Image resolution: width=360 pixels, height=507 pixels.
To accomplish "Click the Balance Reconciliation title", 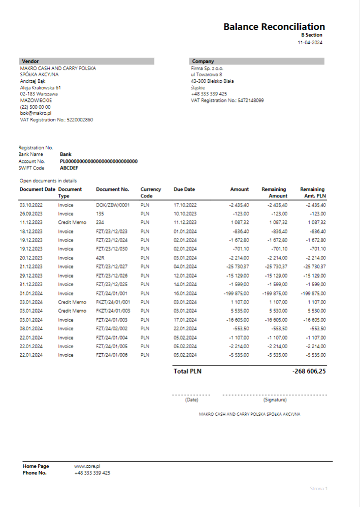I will (x=274, y=27).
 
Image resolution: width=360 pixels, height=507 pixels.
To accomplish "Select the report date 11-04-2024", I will (x=310, y=43).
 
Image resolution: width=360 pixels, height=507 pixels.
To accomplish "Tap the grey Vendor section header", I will (x=86, y=61).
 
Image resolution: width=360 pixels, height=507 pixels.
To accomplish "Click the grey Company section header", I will (x=257, y=61).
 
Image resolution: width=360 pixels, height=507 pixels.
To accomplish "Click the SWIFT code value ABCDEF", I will (x=69, y=168).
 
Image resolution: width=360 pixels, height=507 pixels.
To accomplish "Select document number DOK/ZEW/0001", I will (x=113, y=205).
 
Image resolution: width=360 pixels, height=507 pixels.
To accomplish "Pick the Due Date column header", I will (x=184, y=189).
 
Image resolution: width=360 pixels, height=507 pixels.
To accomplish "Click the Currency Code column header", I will (x=150, y=192).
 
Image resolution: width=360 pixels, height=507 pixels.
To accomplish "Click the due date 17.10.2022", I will (x=184, y=205).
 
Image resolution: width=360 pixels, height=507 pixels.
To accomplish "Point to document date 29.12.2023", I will (x=31, y=276).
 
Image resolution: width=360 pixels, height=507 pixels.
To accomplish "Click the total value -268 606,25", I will (x=309, y=371).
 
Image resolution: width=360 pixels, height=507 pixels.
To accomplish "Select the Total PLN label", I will (x=187, y=371).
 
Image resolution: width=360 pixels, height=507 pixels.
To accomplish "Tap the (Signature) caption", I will (x=275, y=400).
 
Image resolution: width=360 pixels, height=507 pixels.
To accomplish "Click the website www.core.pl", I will (x=87, y=466).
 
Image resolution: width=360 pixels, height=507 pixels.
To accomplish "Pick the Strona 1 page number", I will (x=318, y=488).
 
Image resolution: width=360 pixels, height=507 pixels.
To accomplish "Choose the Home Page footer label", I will (x=36, y=466).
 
